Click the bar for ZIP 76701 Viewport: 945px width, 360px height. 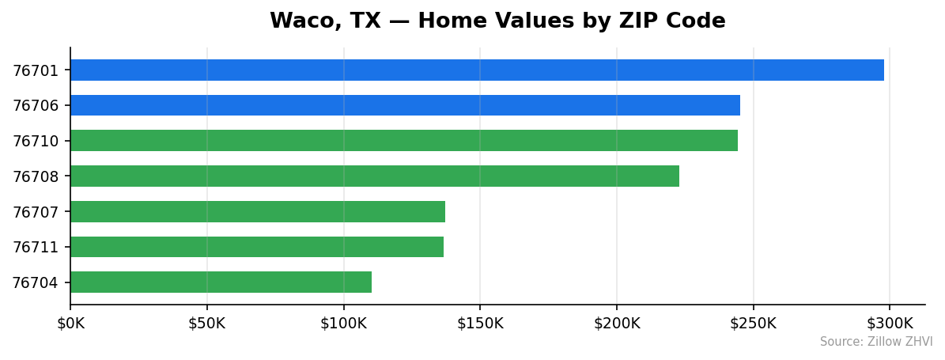[x=477, y=70]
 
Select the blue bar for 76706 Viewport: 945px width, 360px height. [x=405, y=105]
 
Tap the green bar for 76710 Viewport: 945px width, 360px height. [x=404, y=141]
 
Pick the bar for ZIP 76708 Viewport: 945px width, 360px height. [x=375, y=176]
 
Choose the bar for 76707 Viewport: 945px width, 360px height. [x=258, y=211]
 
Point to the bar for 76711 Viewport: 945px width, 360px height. [x=257, y=247]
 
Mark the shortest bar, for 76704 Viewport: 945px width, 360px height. [x=221, y=282]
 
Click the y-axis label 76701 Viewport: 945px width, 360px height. [x=36, y=70]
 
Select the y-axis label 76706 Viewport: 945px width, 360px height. [x=36, y=106]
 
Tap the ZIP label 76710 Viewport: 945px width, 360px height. [x=36, y=142]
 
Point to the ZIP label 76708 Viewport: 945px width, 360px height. [x=36, y=176]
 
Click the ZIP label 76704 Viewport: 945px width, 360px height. [x=36, y=283]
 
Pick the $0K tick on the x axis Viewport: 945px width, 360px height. [x=70, y=323]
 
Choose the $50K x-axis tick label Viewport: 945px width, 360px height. [x=207, y=323]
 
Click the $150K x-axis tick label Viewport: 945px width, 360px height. [x=480, y=323]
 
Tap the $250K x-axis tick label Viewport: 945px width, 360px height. [x=753, y=323]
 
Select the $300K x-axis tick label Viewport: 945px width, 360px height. [x=890, y=323]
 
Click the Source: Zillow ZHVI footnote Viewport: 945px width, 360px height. [x=876, y=342]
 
